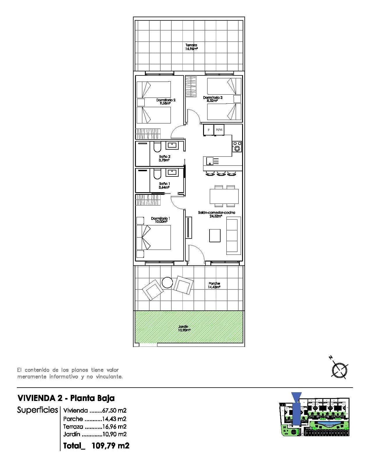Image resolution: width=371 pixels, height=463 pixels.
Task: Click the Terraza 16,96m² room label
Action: [x=191, y=47]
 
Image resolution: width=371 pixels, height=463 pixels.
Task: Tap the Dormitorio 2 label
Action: [x=166, y=101]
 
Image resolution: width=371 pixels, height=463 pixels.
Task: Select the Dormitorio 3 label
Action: [x=212, y=99]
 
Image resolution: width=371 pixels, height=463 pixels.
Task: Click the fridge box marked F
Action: [x=208, y=130]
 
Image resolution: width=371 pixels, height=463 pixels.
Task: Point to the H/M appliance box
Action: [x=219, y=130]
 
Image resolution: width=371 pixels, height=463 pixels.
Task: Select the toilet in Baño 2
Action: [x=157, y=147]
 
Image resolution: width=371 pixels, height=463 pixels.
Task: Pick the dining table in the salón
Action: [x=224, y=196]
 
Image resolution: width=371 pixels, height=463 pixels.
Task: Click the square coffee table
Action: [x=215, y=235]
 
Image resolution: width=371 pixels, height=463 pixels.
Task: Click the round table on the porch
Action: [x=168, y=282]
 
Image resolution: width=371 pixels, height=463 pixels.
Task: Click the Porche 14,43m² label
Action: [x=214, y=285]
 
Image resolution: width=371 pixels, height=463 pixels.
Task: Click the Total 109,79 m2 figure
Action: [x=96, y=446]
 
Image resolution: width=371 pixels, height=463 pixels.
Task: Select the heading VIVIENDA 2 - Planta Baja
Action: [x=66, y=398]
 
